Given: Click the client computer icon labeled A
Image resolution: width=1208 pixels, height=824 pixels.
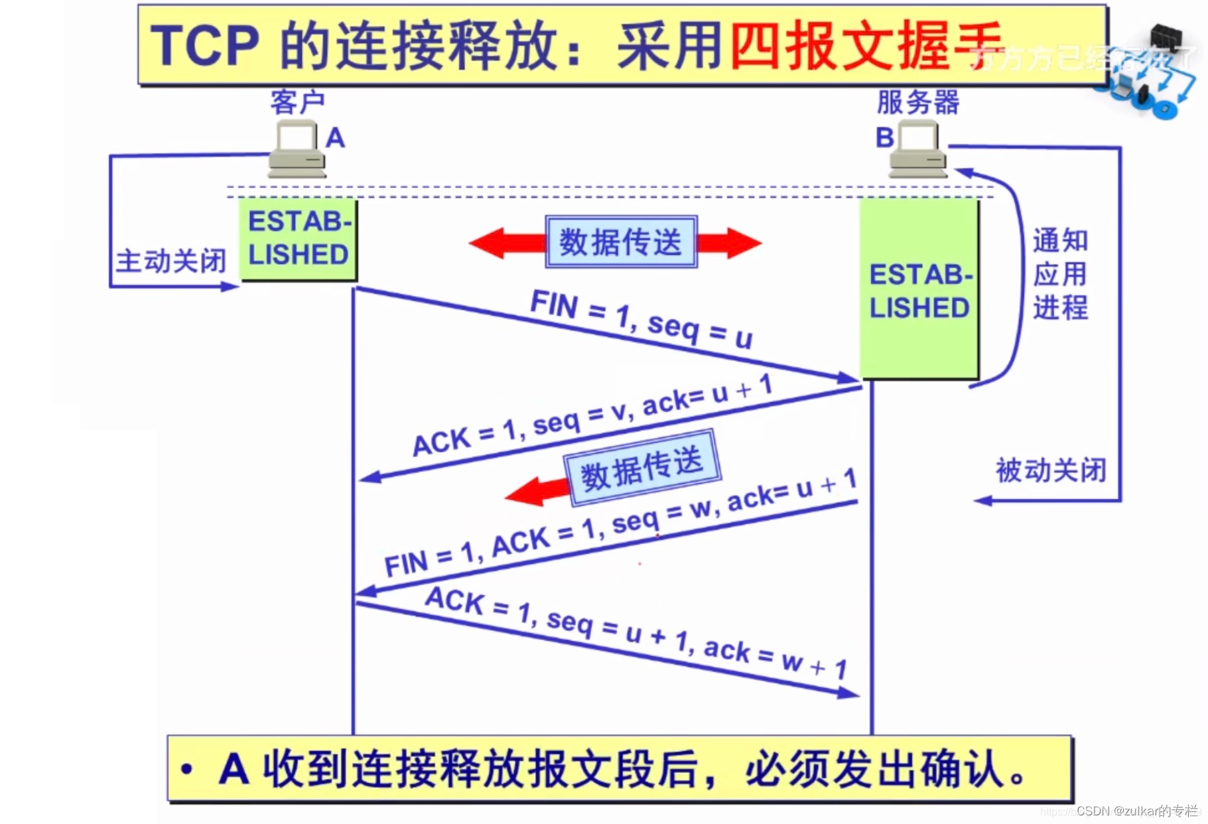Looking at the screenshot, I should tap(297, 149).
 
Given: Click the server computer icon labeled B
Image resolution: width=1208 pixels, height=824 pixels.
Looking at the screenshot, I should tap(917, 149).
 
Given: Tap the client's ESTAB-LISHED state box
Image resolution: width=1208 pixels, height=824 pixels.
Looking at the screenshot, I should tap(298, 239).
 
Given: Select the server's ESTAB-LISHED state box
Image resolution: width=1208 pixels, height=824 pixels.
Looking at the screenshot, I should tap(919, 291).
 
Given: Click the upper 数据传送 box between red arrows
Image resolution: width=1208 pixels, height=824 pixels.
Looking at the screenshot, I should tap(621, 241).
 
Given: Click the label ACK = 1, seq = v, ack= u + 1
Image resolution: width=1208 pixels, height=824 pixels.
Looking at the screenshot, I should tap(592, 416).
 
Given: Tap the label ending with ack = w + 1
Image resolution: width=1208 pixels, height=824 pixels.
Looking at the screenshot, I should tap(636, 633).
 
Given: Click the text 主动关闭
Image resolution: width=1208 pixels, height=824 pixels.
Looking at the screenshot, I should tap(171, 261).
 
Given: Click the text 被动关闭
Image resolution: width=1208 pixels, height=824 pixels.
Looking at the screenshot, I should tap(1051, 470).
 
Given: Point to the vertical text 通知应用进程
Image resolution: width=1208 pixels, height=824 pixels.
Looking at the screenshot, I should tap(1059, 274).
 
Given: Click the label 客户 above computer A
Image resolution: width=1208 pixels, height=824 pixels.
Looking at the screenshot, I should tap(297, 102).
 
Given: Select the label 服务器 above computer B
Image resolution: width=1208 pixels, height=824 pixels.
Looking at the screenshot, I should tap(917, 102).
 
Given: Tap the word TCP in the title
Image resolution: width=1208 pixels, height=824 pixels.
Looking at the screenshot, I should tap(204, 45).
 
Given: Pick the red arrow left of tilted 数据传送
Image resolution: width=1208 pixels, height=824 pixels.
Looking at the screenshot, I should tap(537, 492).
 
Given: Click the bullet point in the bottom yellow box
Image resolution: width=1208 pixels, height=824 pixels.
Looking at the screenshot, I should tap(187, 770).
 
